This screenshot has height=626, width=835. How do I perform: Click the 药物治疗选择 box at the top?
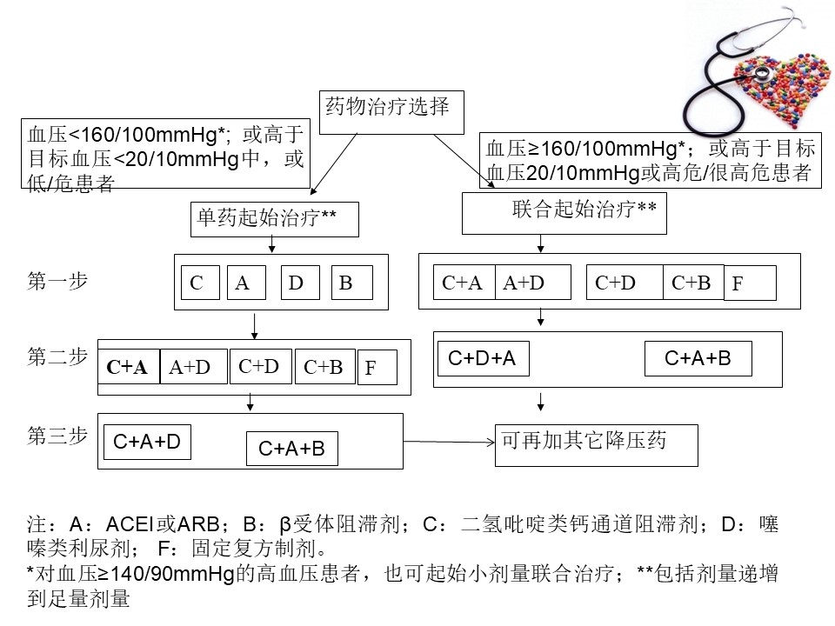(389, 111)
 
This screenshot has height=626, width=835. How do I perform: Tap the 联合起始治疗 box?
(564, 213)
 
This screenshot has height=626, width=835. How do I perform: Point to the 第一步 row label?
(57, 282)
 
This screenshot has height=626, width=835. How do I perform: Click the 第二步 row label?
(57, 356)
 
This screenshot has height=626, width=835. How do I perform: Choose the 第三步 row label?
(57, 436)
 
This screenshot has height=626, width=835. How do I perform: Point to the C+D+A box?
(481, 357)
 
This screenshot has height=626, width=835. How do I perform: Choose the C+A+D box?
(147, 442)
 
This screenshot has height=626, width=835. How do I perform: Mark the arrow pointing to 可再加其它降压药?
(448, 443)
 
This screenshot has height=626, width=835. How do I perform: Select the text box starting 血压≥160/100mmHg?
(651, 160)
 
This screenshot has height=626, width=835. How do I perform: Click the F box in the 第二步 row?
(377, 368)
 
